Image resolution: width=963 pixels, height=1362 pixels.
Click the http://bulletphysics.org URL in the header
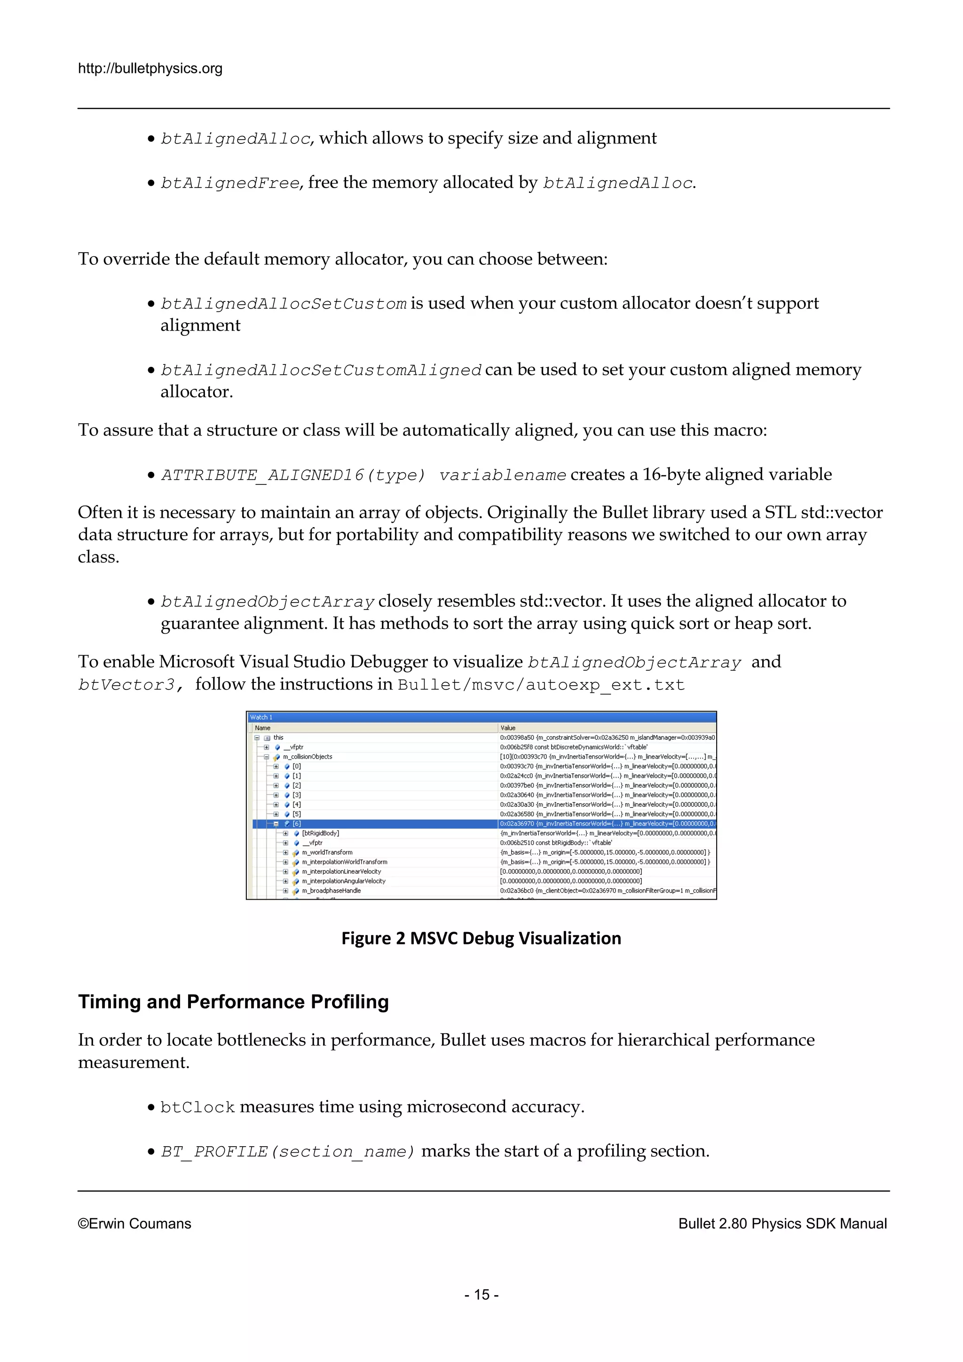(150, 69)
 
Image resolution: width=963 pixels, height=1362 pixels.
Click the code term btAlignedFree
(230, 183)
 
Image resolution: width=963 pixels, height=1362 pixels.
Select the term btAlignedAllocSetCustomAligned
(321, 371)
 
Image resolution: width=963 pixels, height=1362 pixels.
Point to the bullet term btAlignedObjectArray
(268, 602)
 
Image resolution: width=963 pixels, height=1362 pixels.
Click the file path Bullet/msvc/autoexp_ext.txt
(541, 685)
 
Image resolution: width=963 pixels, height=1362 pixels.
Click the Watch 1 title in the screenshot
(261, 717)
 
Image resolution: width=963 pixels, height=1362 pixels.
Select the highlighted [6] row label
(297, 824)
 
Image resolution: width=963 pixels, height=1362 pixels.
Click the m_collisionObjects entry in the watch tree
(307, 757)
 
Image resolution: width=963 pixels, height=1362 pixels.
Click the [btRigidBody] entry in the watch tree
(320, 833)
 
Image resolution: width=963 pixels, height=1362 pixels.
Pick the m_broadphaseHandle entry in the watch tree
(331, 890)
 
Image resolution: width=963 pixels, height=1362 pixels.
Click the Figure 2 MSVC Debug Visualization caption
(481, 938)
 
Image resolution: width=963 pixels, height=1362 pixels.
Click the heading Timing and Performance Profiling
(233, 1002)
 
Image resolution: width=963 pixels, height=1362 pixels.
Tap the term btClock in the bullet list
(197, 1108)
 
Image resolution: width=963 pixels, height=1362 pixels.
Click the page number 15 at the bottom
(481, 1294)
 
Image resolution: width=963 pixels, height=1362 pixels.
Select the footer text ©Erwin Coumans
(134, 1224)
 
